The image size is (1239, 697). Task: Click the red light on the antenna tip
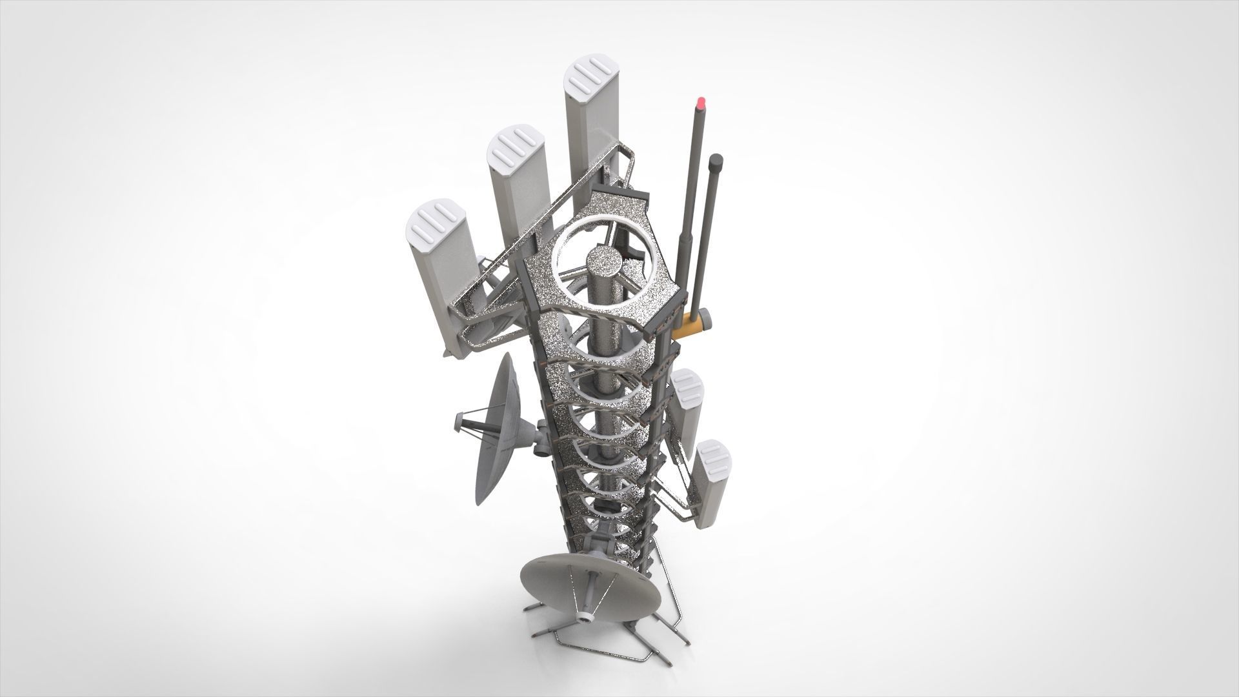pos(700,101)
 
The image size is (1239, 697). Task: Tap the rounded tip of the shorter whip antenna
pos(714,159)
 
